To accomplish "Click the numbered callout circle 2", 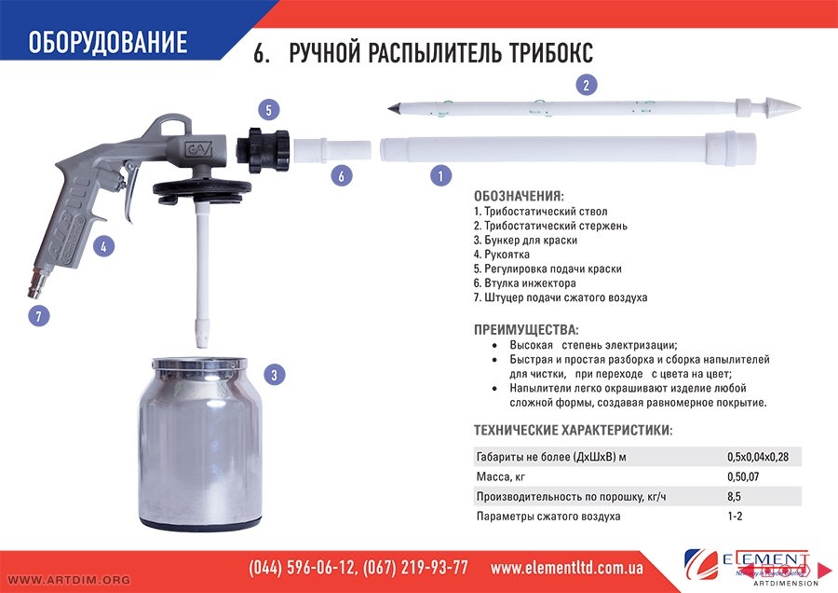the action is (587, 85).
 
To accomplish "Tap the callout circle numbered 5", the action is (269, 110).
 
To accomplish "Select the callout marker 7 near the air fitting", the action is (38, 316).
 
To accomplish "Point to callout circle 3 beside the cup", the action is (274, 375).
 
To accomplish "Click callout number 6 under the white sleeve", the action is (341, 175).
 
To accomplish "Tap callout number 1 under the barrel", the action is (440, 175).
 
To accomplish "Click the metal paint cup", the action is (200, 444).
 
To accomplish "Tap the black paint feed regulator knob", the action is (263, 149).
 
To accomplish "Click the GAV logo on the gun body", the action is (197, 148).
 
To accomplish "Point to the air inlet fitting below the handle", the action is (37, 281).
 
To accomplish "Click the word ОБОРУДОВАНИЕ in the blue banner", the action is (107, 42).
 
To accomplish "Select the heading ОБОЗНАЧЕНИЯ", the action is (519, 196).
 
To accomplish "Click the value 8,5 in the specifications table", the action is (734, 497).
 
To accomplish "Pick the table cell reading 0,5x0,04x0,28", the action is (758, 457).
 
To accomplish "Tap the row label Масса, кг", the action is (500, 476).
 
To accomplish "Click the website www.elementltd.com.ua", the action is (566, 568).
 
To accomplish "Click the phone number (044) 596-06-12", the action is (303, 568).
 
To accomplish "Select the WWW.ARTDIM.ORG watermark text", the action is (69, 580).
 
